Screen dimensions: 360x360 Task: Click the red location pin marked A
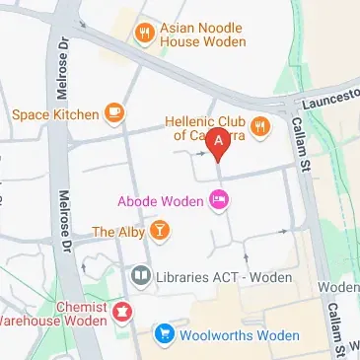pyautogui.click(x=219, y=144)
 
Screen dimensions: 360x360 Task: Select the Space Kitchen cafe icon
pyautogui.click(x=114, y=114)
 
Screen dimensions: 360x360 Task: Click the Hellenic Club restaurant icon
pyautogui.click(x=260, y=125)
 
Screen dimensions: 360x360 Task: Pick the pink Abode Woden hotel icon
pyautogui.click(x=219, y=201)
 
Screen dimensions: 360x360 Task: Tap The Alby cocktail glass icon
pyautogui.click(x=158, y=232)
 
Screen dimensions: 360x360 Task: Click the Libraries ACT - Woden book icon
pyautogui.click(x=141, y=275)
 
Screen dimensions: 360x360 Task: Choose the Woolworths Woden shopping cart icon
pyautogui.click(x=164, y=335)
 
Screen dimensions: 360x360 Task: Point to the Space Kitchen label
pyautogui.click(x=55, y=114)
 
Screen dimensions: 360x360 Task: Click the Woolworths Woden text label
pyautogui.click(x=239, y=335)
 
